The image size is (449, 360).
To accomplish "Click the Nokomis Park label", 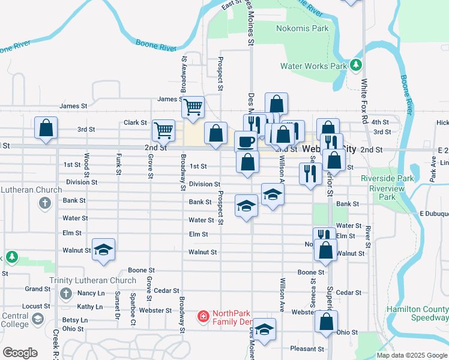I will point(302,28).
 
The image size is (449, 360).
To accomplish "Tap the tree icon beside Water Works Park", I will point(357,64).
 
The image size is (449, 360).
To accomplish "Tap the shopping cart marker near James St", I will point(193,107).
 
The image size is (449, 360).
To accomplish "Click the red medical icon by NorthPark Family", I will point(203,315).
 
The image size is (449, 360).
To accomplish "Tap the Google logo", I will point(20,353).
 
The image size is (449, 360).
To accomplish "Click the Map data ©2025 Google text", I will point(411,355).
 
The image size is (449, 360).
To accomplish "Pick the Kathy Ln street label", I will point(90,307).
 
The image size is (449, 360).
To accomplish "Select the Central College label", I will point(14,320).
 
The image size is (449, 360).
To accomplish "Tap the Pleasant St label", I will point(307,349).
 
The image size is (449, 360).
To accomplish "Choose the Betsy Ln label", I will point(75,320).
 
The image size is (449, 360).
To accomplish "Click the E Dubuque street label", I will point(434,214).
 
